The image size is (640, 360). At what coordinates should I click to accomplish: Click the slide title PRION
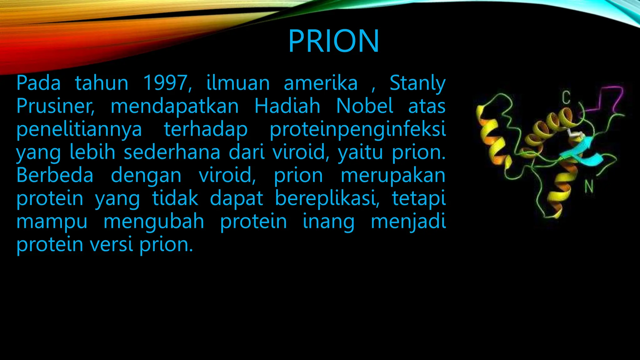[333, 41]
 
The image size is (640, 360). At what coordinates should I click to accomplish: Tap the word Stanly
[417, 83]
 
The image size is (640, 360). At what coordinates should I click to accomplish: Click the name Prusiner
[55, 106]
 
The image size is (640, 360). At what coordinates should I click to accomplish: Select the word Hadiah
[287, 106]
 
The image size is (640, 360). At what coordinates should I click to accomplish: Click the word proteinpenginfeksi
[357, 129]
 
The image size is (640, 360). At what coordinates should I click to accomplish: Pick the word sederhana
[172, 152]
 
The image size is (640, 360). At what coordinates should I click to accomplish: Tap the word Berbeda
[55, 175]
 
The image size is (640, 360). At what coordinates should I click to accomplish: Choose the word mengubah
[154, 221]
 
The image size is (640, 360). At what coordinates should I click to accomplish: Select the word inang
[328, 222]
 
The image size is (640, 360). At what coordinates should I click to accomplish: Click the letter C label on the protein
[566, 97]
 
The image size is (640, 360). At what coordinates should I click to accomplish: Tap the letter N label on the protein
[589, 187]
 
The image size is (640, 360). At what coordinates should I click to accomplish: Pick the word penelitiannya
[79, 129]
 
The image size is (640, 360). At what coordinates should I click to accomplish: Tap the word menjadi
[408, 221]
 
